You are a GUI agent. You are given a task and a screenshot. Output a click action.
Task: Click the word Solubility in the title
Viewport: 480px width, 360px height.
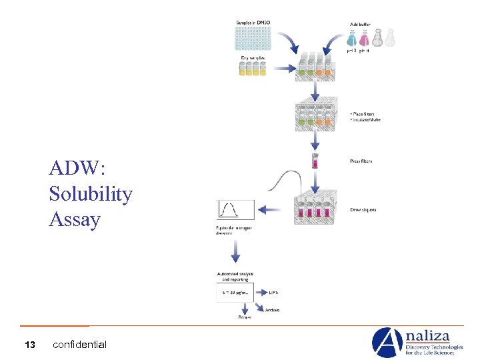click(90, 194)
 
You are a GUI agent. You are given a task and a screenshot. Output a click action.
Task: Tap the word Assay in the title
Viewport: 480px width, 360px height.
click(75, 219)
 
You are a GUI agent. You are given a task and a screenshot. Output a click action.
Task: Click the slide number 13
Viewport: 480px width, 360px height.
click(29, 345)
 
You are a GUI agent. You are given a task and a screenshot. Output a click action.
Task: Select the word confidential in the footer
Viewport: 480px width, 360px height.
click(79, 345)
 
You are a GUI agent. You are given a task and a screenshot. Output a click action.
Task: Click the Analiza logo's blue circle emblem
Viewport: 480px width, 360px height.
click(387, 343)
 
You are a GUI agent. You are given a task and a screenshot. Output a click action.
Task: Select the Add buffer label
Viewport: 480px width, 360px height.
click(360, 23)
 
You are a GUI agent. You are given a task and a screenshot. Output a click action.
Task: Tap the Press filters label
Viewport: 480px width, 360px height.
click(361, 161)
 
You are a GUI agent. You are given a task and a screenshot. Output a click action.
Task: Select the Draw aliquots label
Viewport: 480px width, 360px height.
click(363, 210)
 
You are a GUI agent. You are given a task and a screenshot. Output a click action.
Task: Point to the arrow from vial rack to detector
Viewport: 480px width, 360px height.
click(270, 210)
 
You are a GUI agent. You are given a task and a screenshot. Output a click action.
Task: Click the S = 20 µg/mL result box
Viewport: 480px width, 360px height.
click(234, 291)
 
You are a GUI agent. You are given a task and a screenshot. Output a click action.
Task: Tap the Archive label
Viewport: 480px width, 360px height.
click(272, 310)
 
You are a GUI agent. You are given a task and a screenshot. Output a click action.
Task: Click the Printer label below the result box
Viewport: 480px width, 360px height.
click(245, 317)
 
